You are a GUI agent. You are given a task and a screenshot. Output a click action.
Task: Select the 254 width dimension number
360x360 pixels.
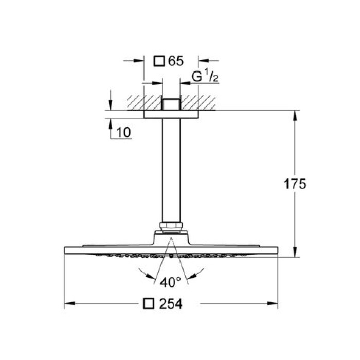pyautogui.click(x=171, y=303)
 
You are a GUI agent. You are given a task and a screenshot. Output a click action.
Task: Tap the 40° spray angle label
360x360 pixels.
pyautogui.click(x=170, y=282)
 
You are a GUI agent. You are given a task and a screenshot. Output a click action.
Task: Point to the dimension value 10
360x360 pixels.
pyautogui.click(x=124, y=132)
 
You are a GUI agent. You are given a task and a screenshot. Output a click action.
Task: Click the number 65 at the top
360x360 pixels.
pyautogui.click(x=175, y=61)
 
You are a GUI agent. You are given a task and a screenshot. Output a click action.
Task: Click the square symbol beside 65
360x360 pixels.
pyautogui.click(x=160, y=61)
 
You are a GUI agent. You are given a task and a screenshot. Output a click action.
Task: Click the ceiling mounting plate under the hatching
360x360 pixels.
pyautogui.click(x=171, y=115)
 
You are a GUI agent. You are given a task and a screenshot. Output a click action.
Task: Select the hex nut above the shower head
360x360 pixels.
pyautogui.click(x=171, y=226)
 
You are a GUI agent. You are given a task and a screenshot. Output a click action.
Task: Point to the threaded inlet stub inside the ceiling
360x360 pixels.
pyautogui.click(x=171, y=103)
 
